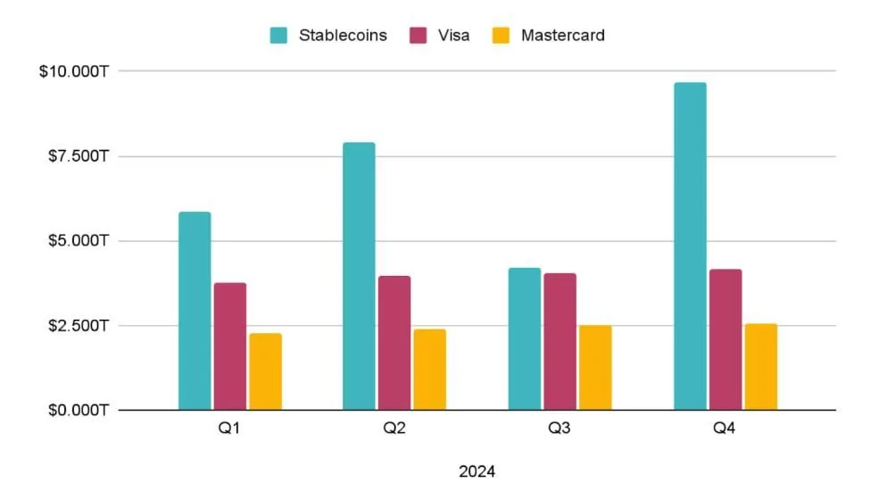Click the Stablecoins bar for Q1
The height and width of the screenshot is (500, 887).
point(195,311)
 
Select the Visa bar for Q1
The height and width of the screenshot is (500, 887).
point(230,346)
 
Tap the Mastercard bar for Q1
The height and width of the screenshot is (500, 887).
point(265,371)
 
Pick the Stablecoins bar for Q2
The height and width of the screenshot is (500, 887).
point(359,276)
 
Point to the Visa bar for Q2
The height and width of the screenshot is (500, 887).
point(394,343)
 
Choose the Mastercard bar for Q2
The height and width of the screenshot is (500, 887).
point(429,370)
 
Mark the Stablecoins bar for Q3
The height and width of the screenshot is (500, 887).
point(525,338)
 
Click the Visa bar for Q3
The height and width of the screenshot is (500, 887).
point(560,341)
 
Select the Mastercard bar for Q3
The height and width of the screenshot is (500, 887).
point(595,368)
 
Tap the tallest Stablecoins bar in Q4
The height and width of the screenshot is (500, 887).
point(690,246)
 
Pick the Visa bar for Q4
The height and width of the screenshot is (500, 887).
point(725,339)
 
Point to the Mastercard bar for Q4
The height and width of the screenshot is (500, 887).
point(760,367)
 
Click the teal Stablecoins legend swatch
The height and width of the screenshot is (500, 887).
point(279,36)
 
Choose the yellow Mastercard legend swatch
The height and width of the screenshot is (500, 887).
point(502,36)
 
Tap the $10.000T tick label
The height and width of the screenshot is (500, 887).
point(74,71)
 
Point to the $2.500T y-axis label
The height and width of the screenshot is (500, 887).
point(78,326)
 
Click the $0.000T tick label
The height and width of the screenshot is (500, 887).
point(78,411)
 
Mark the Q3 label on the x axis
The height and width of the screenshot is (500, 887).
point(560,429)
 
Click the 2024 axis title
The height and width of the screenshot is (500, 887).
point(477,471)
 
